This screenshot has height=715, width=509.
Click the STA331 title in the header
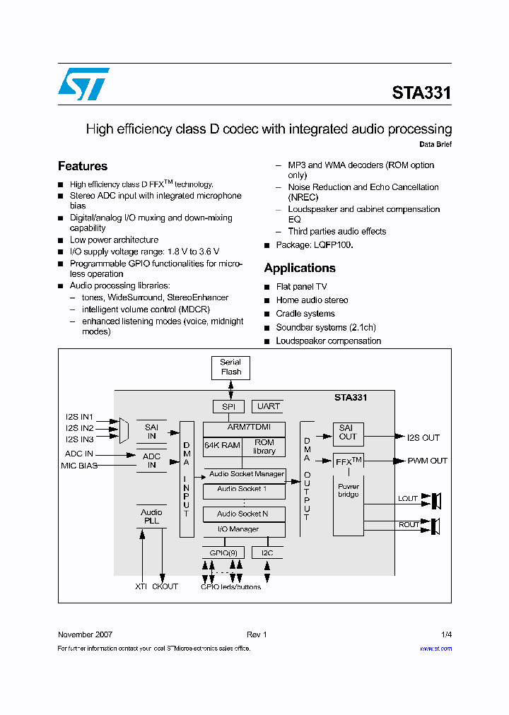(421, 93)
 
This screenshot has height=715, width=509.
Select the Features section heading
(83, 166)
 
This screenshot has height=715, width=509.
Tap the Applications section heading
(300, 268)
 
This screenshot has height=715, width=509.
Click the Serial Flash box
(230, 367)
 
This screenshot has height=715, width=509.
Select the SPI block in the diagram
(228, 406)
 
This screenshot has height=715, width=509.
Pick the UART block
(268, 406)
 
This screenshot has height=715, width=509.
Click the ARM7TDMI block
(244, 427)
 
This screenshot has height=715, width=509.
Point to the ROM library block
(264, 447)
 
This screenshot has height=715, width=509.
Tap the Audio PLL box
(151, 516)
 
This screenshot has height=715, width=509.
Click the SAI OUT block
(348, 432)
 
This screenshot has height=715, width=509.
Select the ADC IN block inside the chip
(151, 461)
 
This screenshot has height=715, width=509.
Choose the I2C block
(267, 552)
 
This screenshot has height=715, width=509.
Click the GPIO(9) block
(223, 552)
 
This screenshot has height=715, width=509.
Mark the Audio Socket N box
(243, 514)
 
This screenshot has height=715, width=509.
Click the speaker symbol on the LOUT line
(435, 501)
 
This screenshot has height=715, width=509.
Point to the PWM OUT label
(427, 461)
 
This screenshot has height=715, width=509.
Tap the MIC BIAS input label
(78, 466)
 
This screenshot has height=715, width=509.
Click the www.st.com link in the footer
(435, 649)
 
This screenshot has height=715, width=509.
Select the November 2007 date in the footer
(85, 634)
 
